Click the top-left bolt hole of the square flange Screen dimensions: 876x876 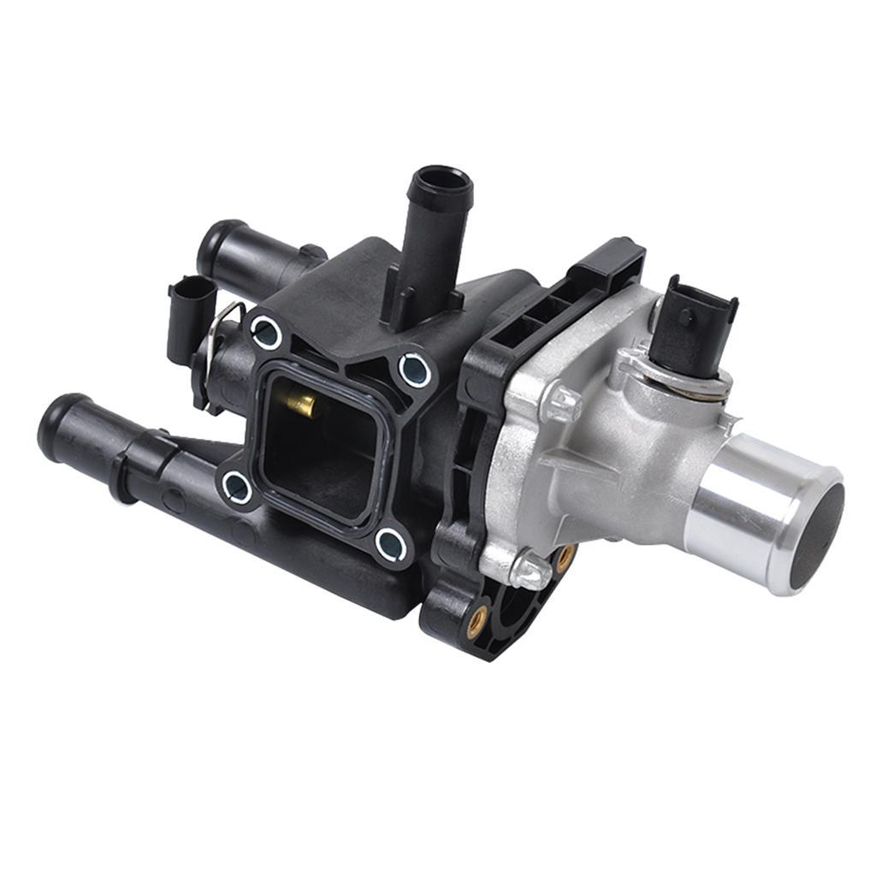pyautogui.click(x=267, y=332)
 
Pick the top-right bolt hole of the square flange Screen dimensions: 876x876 pyautogui.click(x=415, y=370)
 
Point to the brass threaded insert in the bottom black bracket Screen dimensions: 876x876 pyautogui.click(x=476, y=614)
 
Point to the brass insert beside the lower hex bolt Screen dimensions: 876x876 pyautogui.click(x=564, y=557)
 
